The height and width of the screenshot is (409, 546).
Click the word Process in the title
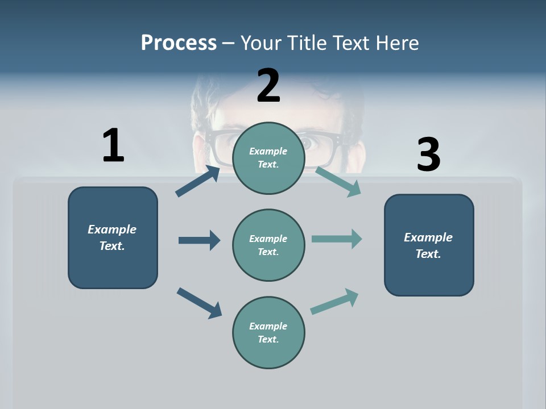pos(179,43)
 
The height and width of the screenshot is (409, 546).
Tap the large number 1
pos(113,145)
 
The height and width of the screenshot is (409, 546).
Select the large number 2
pos(268,86)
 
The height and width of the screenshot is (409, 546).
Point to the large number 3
pos(428,155)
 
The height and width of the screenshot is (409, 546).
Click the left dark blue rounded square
pos(113,237)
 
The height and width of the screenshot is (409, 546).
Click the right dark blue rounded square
pos(429,245)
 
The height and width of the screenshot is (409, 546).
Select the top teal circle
pos(268,158)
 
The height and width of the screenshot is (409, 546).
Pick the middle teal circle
pos(268,245)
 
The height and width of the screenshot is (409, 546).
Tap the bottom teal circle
pos(268,332)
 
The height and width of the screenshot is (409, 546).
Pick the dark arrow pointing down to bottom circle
pos(199,303)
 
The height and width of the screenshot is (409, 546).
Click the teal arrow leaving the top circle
pos(338,182)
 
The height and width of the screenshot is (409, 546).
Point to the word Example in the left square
pos(112,229)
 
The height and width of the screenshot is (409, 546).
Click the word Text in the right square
pos(428,254)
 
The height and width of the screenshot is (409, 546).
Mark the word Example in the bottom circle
pos(268,326)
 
